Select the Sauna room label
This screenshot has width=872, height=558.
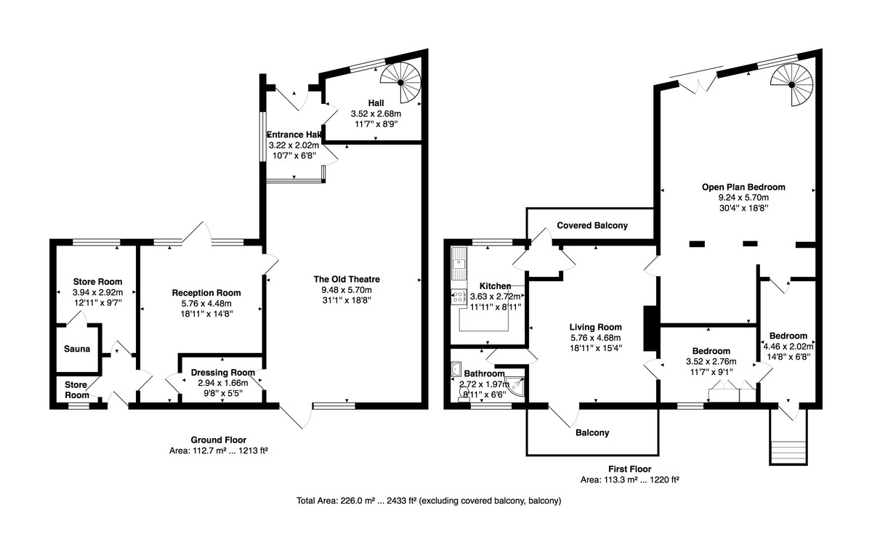click(x=77, y=349)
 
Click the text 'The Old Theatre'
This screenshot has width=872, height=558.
click(x=347, y=279)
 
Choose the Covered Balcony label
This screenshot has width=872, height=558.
click(x=592, y=226)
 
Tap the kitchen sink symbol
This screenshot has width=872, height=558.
click(x=459, y=264)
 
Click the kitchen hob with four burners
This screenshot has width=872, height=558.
click(x=459, y=297)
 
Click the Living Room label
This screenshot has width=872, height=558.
click(x=595, y=327)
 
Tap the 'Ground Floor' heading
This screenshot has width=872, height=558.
click(x=218, y=440)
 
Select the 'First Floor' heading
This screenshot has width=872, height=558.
click(x=629, y=469)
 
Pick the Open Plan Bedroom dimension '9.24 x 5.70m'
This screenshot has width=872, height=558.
click(x=743, y=198)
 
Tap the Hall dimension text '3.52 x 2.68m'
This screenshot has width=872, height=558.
click(x=376, y=113)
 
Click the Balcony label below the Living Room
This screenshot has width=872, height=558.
click(x=592, y=433)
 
